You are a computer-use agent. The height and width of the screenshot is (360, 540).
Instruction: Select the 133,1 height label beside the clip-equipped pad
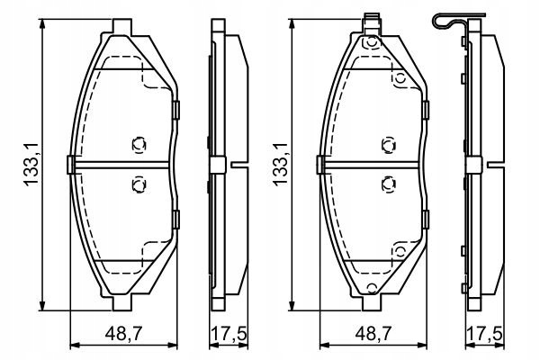click(280, 166)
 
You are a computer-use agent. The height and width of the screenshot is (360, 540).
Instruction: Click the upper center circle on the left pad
click(139, 143)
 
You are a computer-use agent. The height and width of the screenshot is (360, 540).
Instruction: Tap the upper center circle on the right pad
click(388, 143)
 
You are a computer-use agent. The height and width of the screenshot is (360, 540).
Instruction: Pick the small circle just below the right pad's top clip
click(368, 40)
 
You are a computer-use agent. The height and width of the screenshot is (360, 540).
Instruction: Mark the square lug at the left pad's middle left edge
click(70, 164)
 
